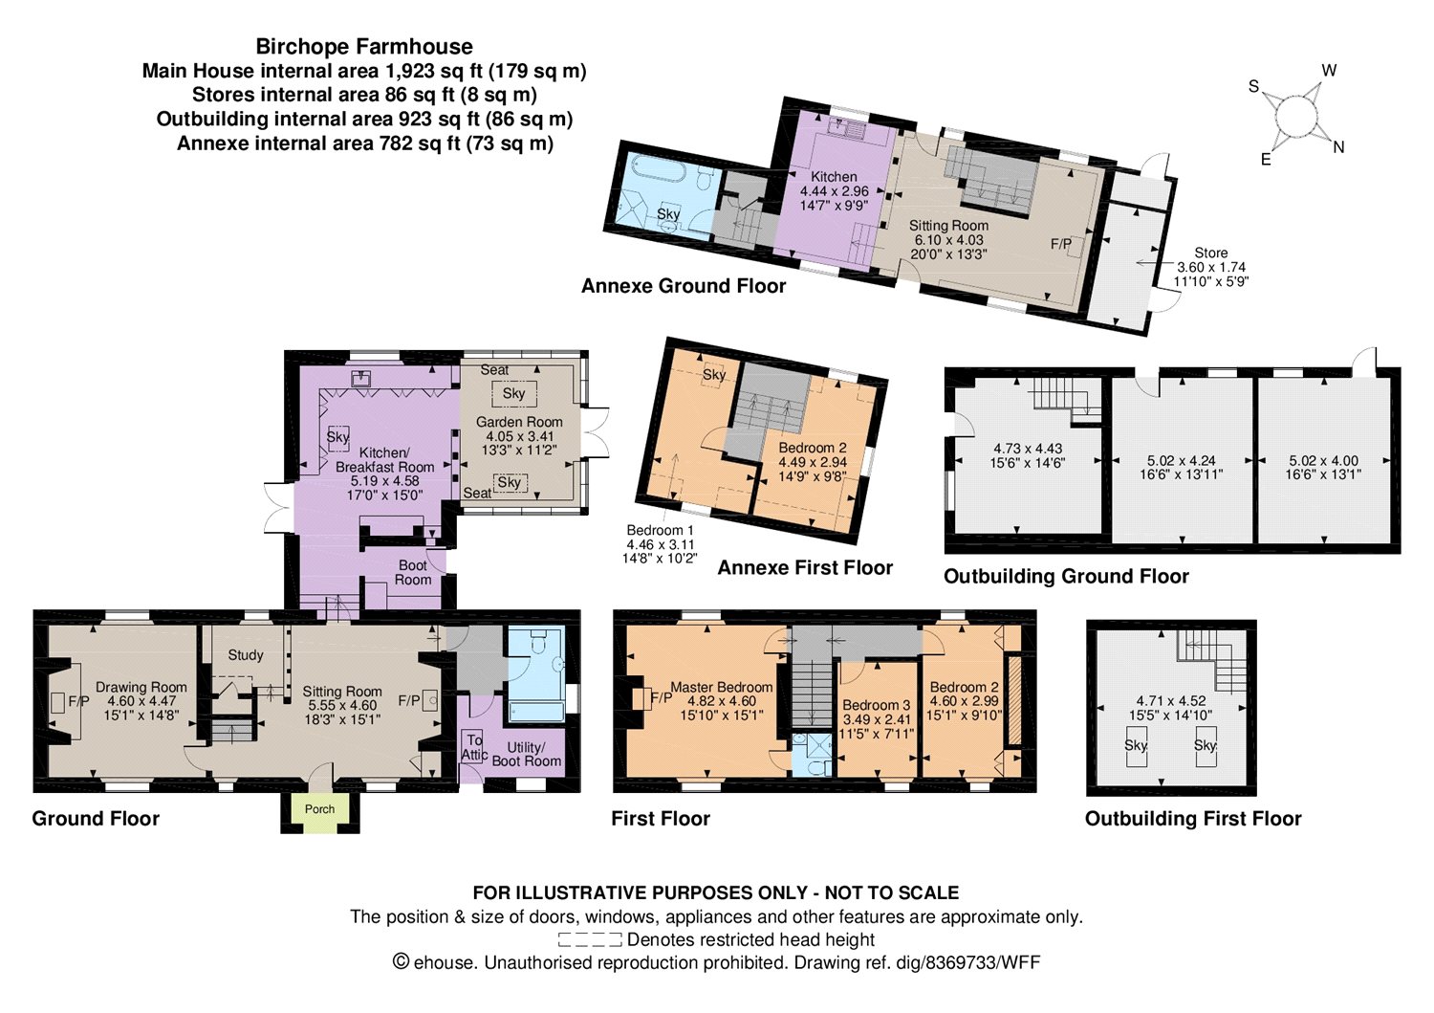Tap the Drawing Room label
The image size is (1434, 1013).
pyautogui.click(x=141, y=687)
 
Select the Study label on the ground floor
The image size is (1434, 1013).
pyautogui.click(x=246, y=655)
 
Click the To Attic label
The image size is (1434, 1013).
pyautogui.click(x=474, y=747)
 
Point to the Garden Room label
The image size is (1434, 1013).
pyautogui.click(x=519, y=422)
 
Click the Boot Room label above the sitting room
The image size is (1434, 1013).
pyautogui.click(x=413, y=573)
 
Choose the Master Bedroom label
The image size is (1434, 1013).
pyautogui.click(x=722, y=687)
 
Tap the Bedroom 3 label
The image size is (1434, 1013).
pyautogui.click(x=876, y=705)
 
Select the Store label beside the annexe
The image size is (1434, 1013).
pyautogui.click(x=1210, y=253)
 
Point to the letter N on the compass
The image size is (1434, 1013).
pyautogui.click(x=1338, y=147)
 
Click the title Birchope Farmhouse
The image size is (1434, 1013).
pyautogui.click(x=364, y=46)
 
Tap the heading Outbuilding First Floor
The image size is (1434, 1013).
pyautogui.click(x=1193, y=818)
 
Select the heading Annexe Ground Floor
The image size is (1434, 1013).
pyautogui.click(x=684, y=286)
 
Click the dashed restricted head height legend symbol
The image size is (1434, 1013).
pyautogui.click(x=590, y=940)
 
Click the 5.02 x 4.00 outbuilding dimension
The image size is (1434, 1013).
pyautogui.click(x=1323, y=461)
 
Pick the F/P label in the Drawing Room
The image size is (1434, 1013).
pyautogui.click(x=78, y=701)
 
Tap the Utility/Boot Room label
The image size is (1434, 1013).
pyautogui.click(x=526, y=754)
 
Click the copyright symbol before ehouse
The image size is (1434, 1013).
pyautogui.click(x=401, y=961)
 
